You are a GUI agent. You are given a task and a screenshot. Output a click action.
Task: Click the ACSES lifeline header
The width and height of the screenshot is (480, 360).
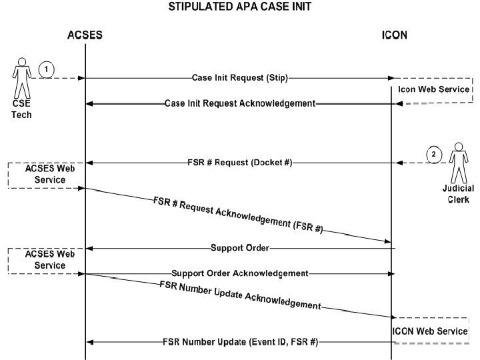85,35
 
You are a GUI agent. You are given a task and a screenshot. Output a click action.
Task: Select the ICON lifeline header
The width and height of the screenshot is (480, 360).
394,35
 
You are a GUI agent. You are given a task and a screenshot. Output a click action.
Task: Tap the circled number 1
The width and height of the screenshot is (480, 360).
45,69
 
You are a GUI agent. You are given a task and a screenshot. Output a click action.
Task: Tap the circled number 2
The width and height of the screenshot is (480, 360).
434,154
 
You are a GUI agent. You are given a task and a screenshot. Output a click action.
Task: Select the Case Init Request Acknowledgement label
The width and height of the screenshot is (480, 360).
240,103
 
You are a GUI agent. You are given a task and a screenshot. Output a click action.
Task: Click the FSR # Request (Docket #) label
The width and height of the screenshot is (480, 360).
239,163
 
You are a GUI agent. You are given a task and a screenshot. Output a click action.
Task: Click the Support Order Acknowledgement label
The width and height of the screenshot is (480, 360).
239,273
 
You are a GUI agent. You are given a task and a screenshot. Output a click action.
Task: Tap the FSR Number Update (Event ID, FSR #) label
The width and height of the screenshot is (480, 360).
240,342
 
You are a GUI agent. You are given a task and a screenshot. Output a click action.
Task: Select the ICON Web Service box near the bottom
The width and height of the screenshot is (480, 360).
430,330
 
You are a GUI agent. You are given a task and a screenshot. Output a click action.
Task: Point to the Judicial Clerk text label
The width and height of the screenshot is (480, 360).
458,194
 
